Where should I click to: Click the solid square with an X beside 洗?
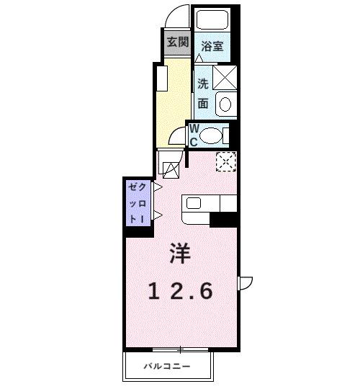click(225, 76)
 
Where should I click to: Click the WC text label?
click(194, 134)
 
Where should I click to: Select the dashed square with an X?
click(225, 162)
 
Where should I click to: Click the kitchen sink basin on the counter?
click(193, 202)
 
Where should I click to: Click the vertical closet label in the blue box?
click(136, 202)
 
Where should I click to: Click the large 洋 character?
click(181, 254)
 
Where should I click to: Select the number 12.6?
click(181, 291)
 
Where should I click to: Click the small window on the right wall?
click(245, 283)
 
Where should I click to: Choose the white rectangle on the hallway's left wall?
click(162, 79)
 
